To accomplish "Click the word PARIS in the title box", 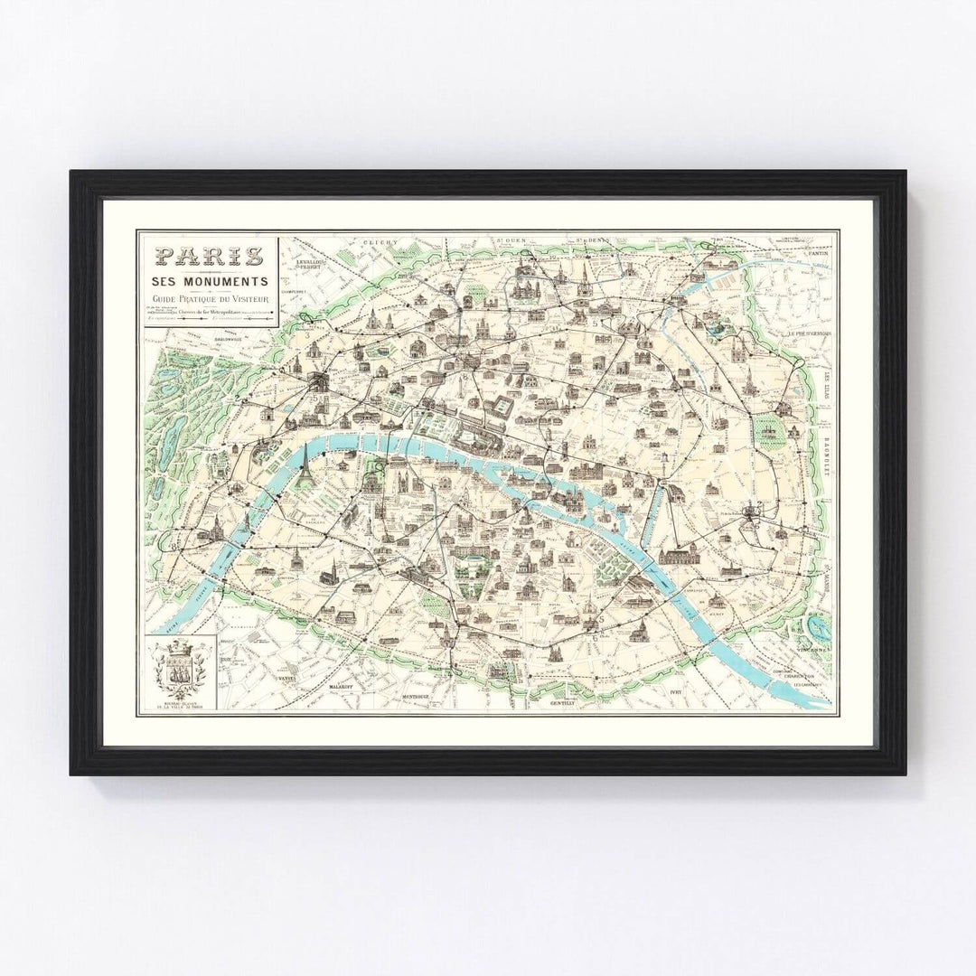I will click(x=208, y=256).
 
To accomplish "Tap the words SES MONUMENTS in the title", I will click(x=208, y=282).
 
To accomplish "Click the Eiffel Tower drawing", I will click(x=305, y=467).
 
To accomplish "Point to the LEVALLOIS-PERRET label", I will click(x=310, y=265).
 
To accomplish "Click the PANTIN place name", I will click(x=819, y=252).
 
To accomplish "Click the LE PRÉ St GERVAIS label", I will click(x=809, y=333).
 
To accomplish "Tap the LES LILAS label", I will click(x=825, y=371).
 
